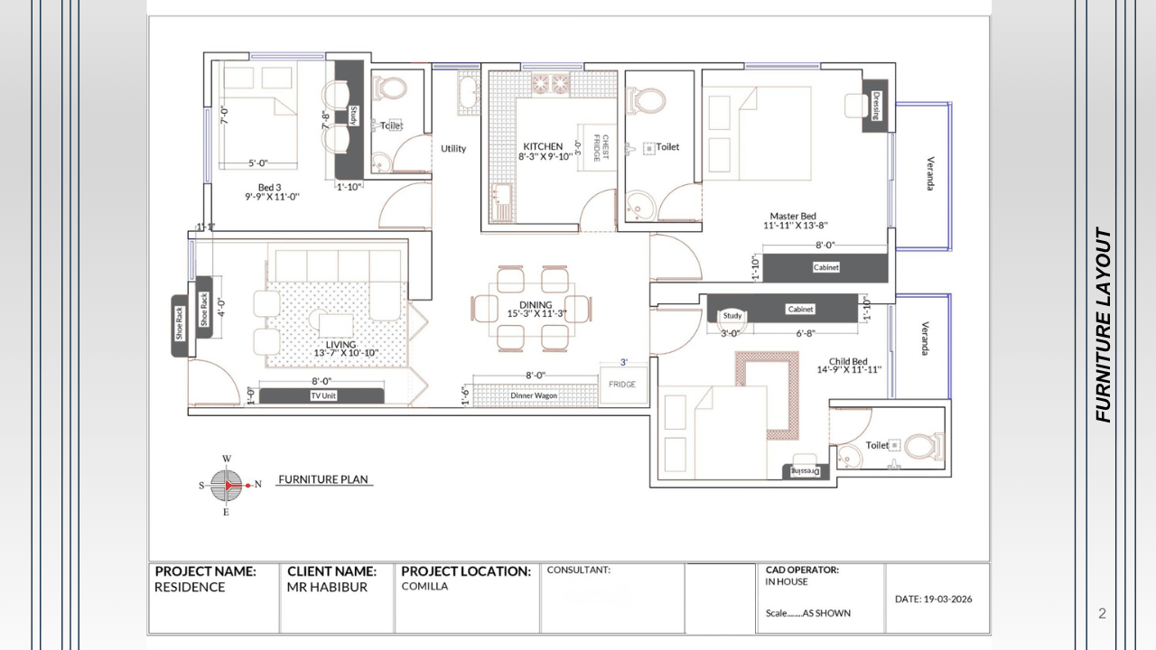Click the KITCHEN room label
pos(543,146)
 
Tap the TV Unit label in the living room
pos(323,395)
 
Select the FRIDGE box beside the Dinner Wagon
pos(623,385)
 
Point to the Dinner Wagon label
pos(534,395)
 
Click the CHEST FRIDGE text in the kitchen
pos(601,148)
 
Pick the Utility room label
pos(453,149)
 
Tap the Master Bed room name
pos(793,216)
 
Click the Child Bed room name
pos(848,361)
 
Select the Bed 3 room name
pos(269,187)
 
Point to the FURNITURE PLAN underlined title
pos(323,479)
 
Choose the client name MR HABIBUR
pos(327,587)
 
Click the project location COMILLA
pos(424,586)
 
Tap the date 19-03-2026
pos(948,599)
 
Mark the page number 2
pos(1102,613)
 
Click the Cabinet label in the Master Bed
pos(826,267)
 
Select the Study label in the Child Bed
pos(732,315)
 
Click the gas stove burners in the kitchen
pos(551,83)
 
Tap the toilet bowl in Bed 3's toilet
pos(390,88)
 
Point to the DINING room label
pos(536,305)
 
